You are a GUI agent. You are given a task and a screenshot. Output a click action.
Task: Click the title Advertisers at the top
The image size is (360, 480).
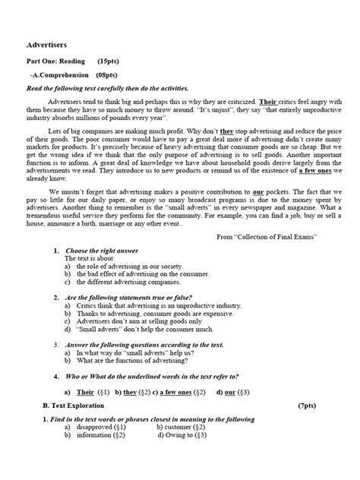tap(50, 45)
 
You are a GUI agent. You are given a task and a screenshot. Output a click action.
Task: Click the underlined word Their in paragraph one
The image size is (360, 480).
tap(268, 101)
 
